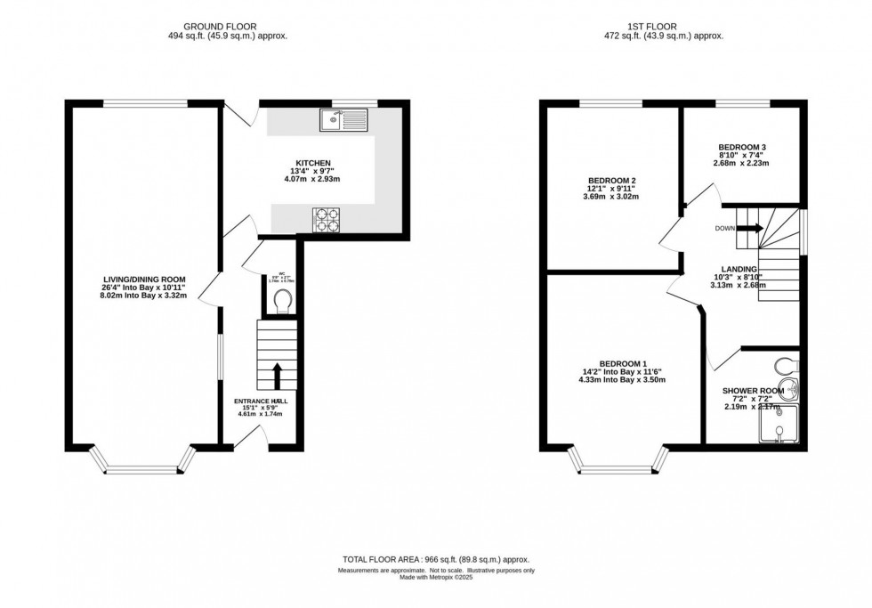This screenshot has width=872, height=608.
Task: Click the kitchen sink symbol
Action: coord(343,119)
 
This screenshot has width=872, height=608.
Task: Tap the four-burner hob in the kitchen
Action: coord(326,220)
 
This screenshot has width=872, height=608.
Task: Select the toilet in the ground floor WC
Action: coord(284,302)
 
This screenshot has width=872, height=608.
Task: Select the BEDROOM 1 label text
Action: coord(622,363)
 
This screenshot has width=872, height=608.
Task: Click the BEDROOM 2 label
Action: coord(611,181)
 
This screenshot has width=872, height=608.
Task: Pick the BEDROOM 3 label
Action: coord(742,147)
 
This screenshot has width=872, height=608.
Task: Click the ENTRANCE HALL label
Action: coord(262,401)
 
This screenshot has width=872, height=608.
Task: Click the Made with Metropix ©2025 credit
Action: coord(436,580)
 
